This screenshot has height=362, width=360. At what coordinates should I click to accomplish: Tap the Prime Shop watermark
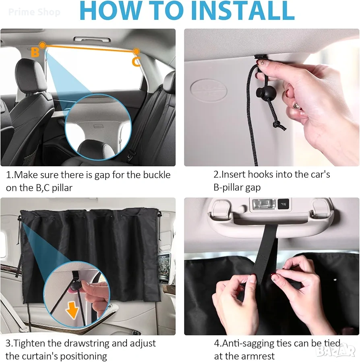[x=34, y=12]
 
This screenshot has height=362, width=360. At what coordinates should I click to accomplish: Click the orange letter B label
[x=35, y=52]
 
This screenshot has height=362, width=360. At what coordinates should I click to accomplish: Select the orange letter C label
[x=136, y=62]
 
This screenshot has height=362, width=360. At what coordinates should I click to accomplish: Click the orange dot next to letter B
[x=42, y=45]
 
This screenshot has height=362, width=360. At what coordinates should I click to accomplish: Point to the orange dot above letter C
[x=136, y=51]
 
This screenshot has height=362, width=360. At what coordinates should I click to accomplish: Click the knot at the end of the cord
[x=278, y=125]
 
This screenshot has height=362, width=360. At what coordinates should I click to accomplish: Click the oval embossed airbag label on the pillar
[x=209, y=90]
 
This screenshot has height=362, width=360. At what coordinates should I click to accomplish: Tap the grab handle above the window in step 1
[x=92, y=39]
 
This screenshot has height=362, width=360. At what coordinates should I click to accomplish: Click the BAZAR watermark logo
[x=335, y=351]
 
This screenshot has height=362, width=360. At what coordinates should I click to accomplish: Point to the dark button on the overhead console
[x=283, y=204]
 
